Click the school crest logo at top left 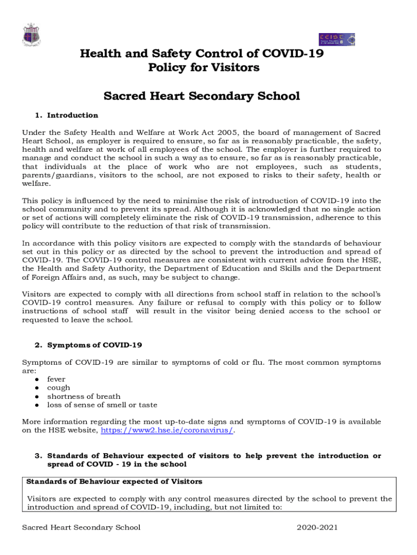pos(30,35)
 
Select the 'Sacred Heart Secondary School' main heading pos(201,96)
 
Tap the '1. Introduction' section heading pos(72,115)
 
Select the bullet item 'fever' pos(56,379)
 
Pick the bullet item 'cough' pos(58,388)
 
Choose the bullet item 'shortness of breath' pos(83,396)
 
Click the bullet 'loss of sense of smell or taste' pos(102,405)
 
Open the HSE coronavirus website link pos(167,430)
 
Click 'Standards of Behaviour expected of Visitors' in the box pos(114,482)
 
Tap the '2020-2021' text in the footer pos(317,528)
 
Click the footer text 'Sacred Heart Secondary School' pos(81,528)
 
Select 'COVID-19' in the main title pos(289,53)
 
